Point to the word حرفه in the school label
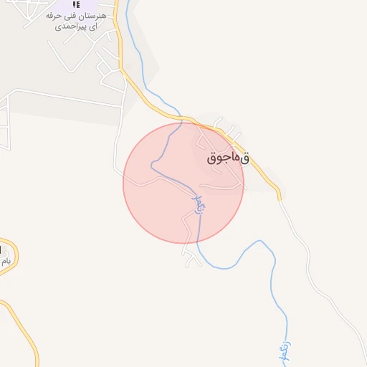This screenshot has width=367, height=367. click(x=54, y=14)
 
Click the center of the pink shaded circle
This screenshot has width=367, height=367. click(x=183, y=183)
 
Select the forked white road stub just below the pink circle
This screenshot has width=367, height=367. click(x=191, y=255)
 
